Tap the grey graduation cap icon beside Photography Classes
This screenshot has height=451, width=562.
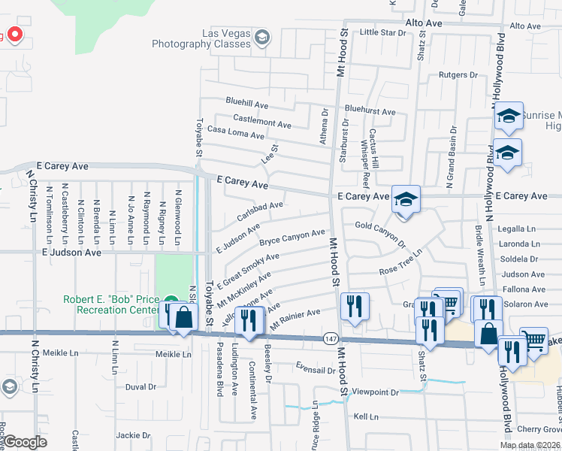point(261,38)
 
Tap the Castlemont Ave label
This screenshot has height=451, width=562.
point(261,123)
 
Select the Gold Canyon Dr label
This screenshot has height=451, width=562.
point(379,231)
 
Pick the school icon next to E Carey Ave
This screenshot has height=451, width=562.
point(405,200)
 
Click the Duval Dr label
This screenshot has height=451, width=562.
point(140,387)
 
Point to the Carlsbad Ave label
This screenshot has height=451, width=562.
point(259,206)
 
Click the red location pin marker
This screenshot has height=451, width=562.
point(14,35)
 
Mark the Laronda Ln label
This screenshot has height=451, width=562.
point(523,244)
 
